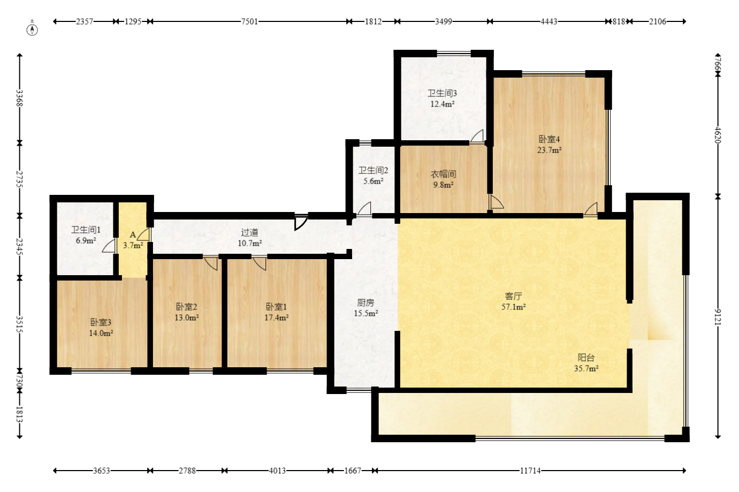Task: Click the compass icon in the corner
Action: point(32,29)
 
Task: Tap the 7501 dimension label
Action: point(249,22)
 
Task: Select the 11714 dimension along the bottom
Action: point(530,471)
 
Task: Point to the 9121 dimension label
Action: point(718,317)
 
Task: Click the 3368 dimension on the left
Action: point(19,99)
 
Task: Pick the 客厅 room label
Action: point(513,296)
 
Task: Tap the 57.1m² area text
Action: point(513,307)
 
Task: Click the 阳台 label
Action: point(586,358)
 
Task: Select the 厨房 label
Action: point(365,302)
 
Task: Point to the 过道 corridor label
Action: point(249,232)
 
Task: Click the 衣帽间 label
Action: point(443,174)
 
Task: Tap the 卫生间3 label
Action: point(442,93)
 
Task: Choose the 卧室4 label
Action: point(549,139)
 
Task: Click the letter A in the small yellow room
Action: point(133,234)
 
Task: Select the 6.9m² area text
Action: point(86,240)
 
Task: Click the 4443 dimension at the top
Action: point(548,22)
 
